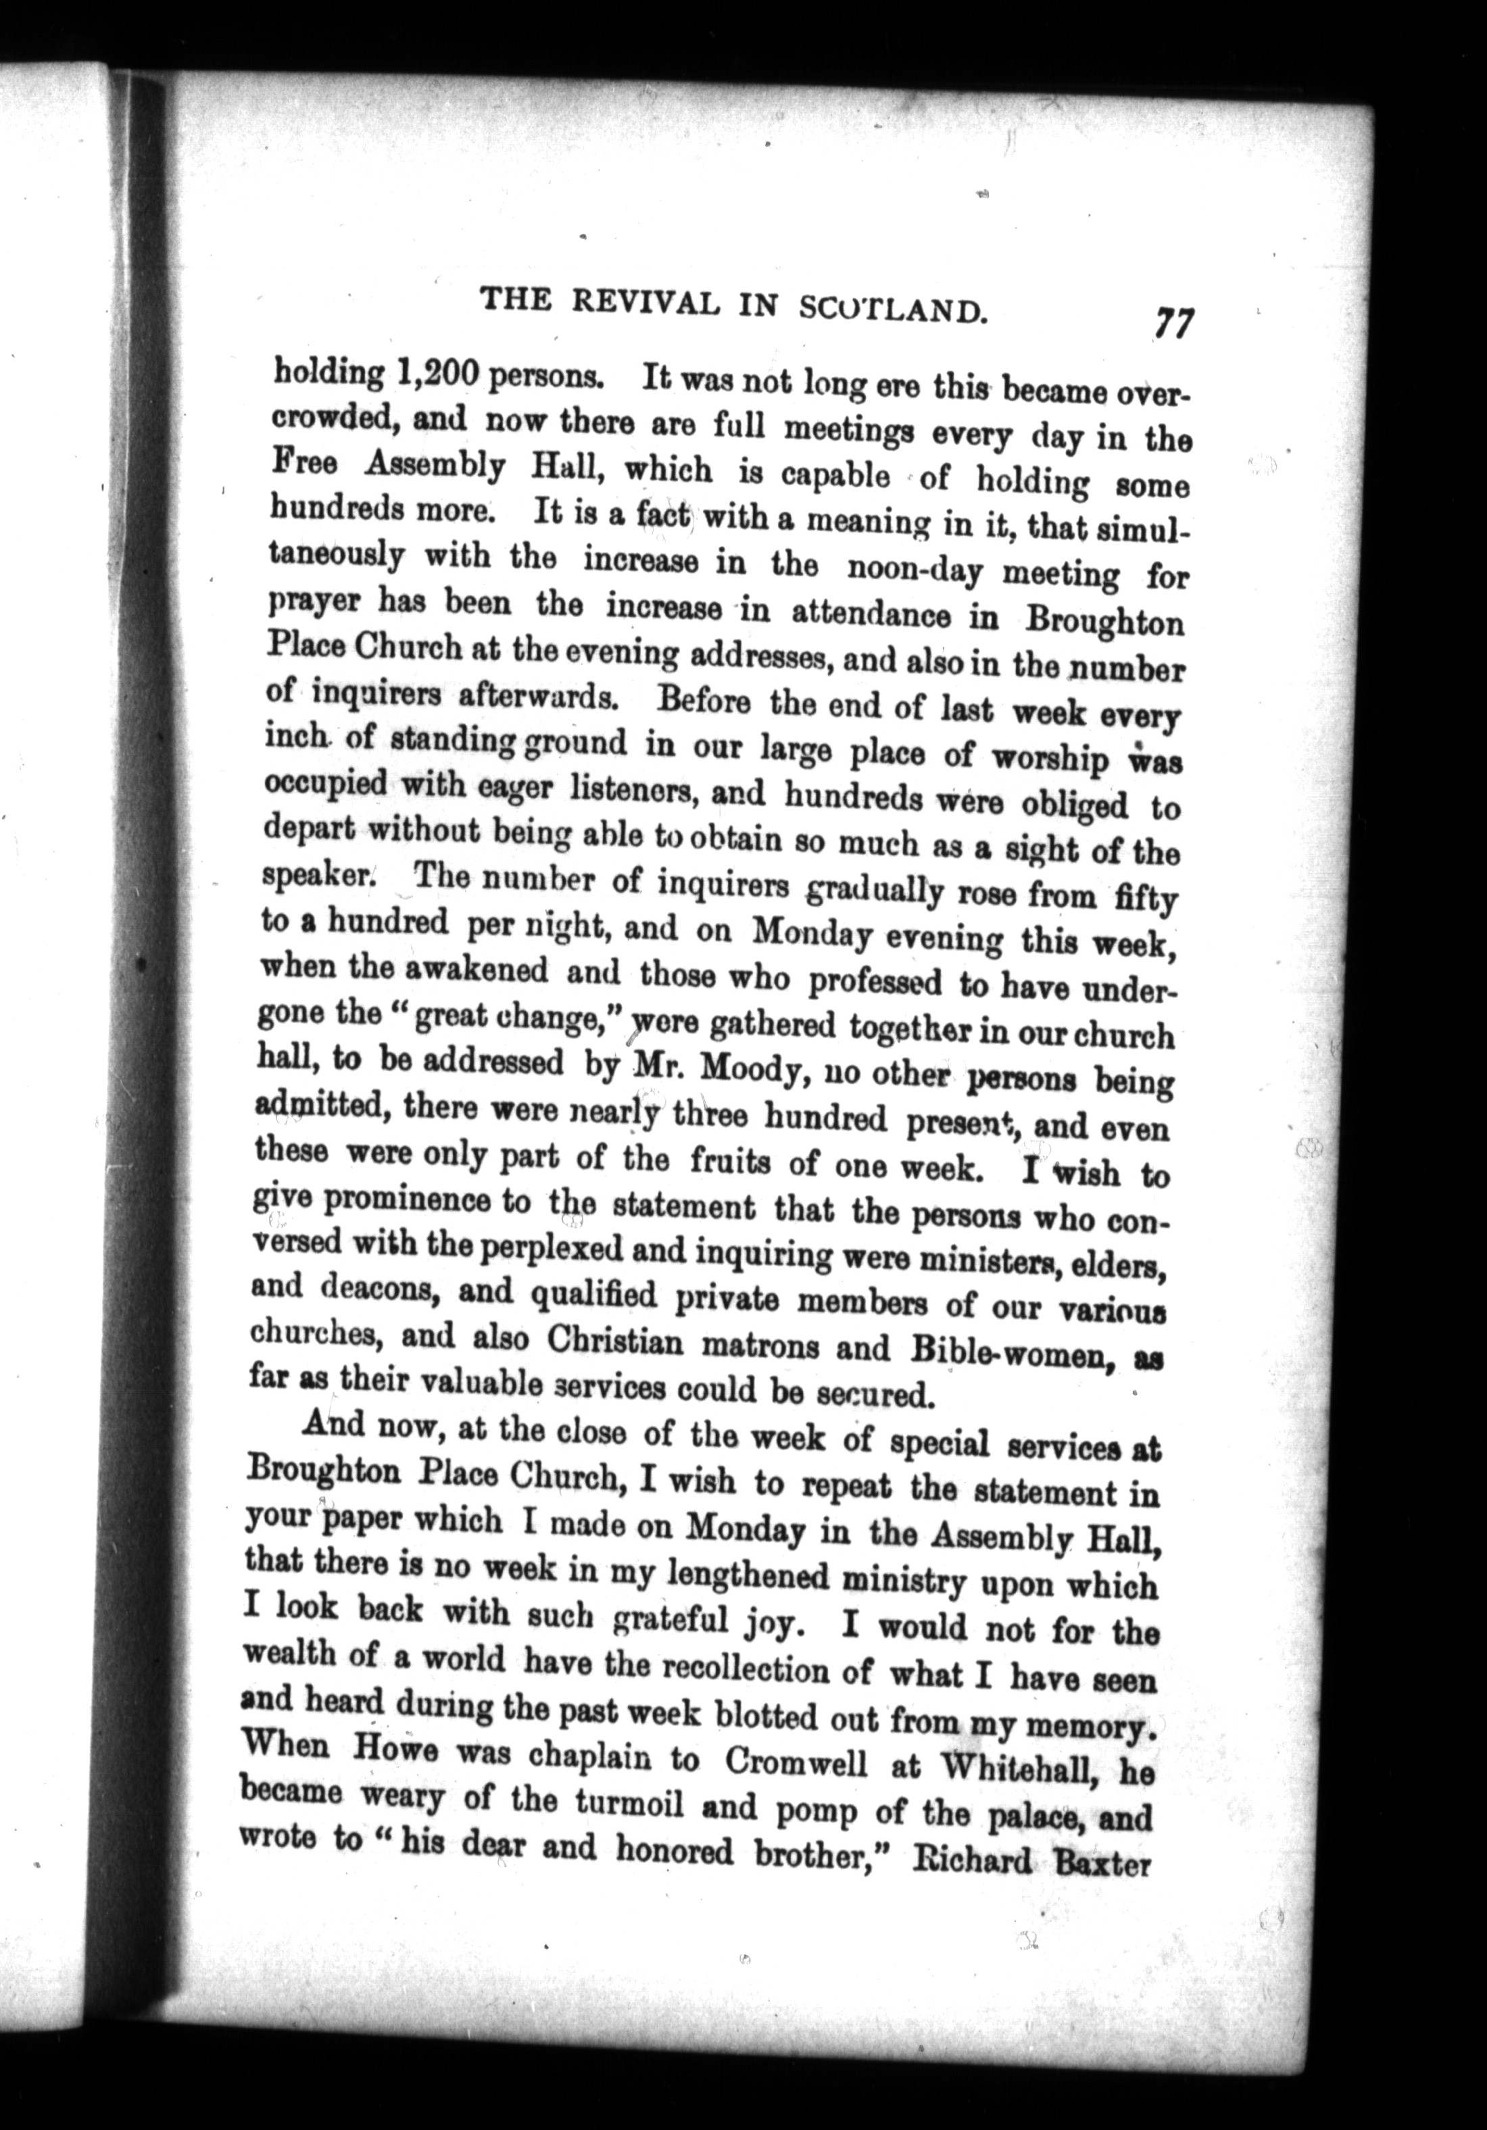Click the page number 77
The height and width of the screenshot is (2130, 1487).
click(1173, 326)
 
